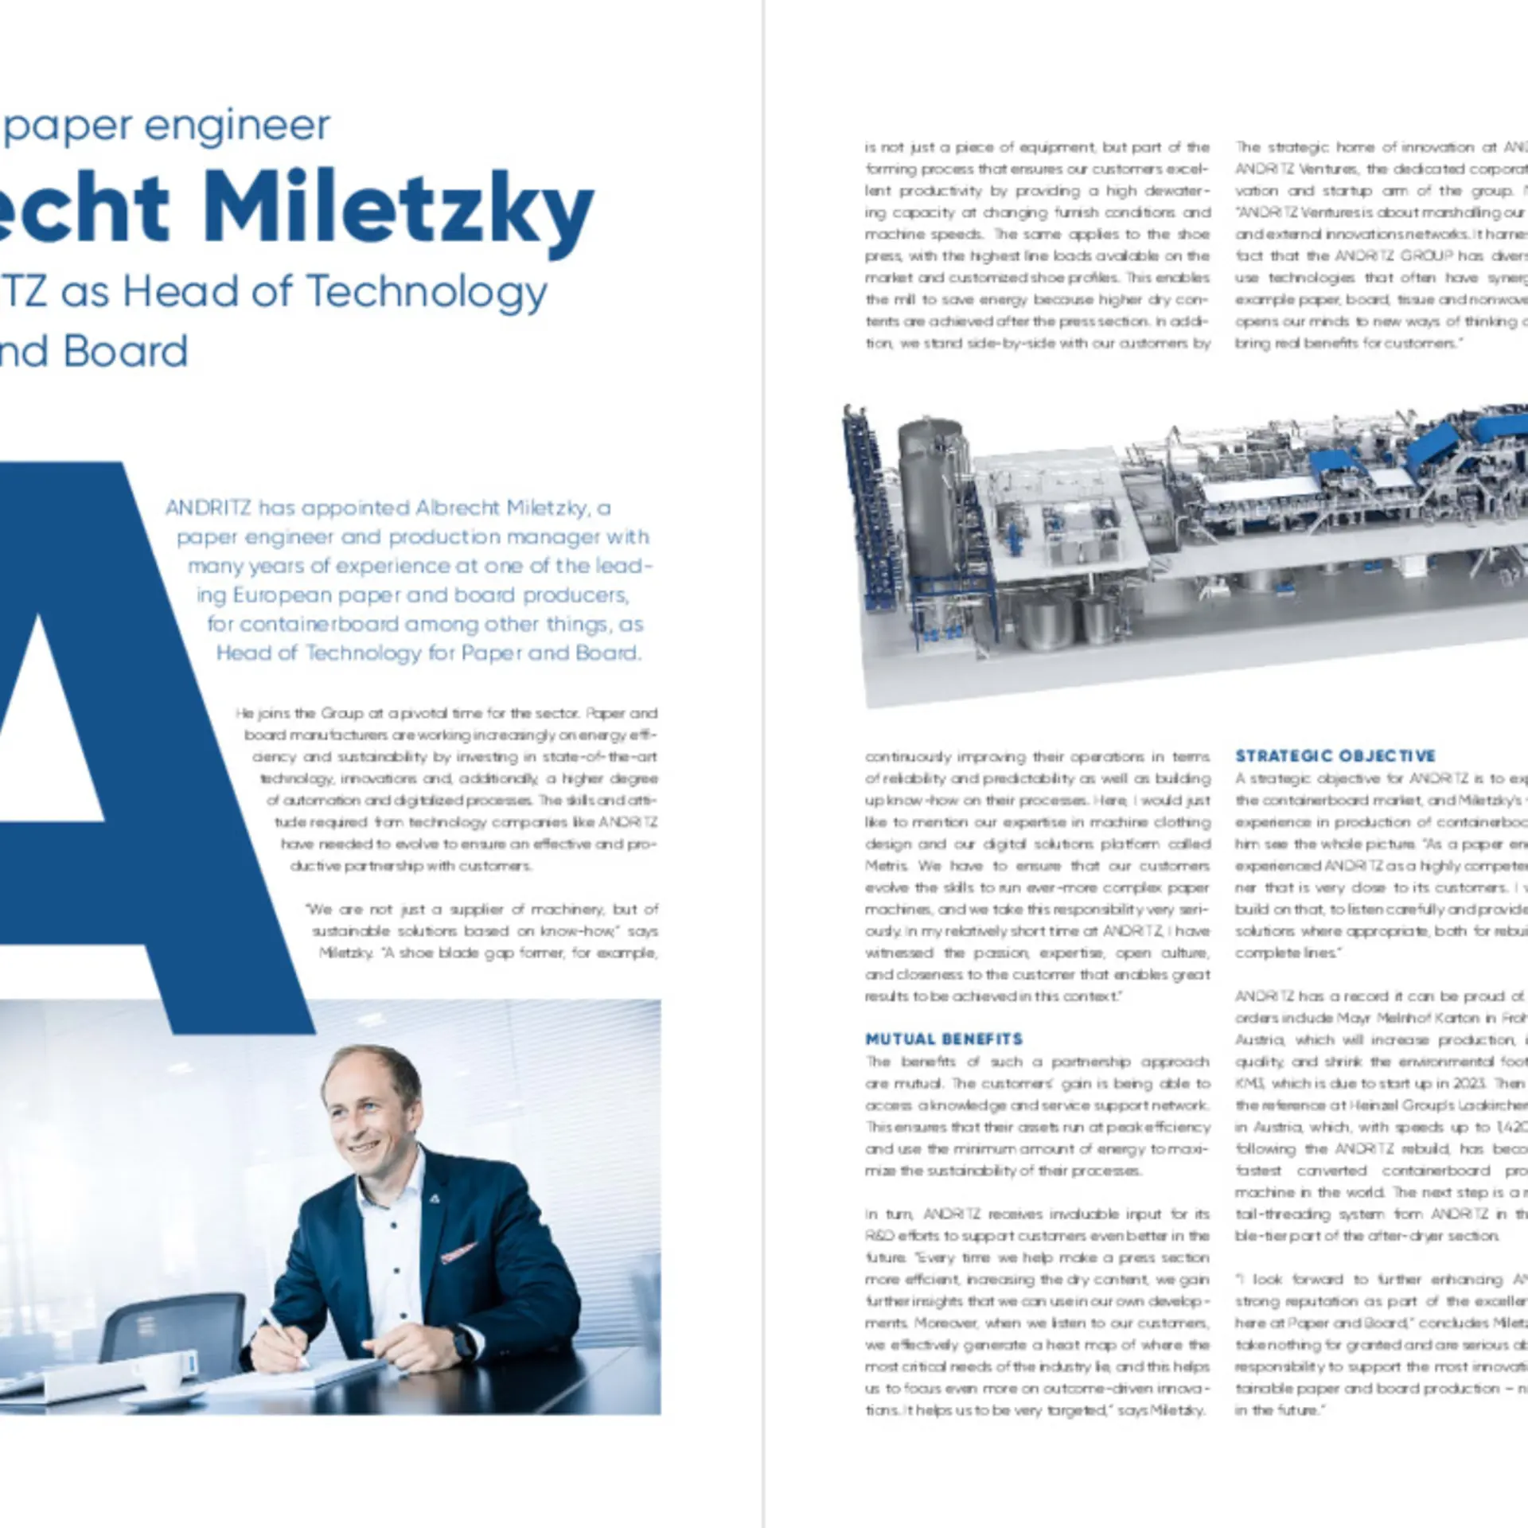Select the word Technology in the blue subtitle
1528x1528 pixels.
427,292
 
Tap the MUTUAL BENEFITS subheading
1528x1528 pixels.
944,1039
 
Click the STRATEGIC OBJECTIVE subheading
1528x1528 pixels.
1335,756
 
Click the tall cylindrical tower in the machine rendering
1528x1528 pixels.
931,493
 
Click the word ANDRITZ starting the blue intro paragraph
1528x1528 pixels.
209,509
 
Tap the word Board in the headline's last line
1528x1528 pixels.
126,353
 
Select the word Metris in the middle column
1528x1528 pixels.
886,866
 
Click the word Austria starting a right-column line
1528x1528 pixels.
1259,1040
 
